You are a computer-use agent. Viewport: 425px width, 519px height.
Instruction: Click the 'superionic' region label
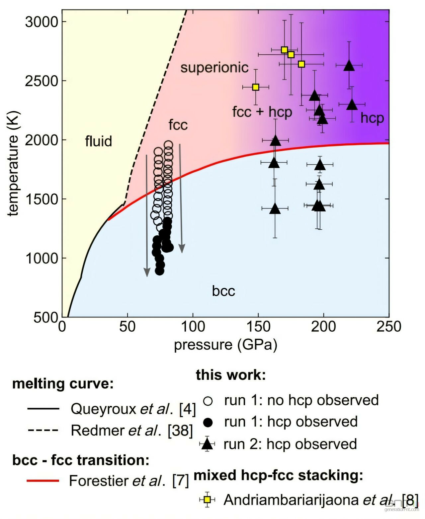coord(214,68)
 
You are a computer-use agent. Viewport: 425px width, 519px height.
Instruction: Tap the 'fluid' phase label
coord(98,141)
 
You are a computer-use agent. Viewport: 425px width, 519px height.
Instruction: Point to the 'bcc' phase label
coord(223,291)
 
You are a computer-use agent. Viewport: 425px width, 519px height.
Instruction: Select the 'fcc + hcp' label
coord(262,112)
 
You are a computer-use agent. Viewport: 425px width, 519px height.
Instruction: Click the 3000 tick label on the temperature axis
coord(42,22)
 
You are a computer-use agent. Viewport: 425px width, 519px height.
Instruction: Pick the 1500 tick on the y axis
coord(42,199)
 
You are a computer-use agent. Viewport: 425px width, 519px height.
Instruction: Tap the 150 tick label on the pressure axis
coord(258,326)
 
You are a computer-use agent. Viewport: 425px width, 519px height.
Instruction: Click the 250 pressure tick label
coord(389,326)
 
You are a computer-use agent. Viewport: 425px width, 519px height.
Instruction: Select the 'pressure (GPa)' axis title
coord(225,345)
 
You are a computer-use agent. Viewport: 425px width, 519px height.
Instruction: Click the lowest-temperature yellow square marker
coord(256,87)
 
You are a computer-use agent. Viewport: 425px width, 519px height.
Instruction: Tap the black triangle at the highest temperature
coord(349,66)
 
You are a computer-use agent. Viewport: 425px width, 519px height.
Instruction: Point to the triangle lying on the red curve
coord(275,141)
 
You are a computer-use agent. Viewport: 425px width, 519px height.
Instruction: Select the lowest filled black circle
coord(159,271)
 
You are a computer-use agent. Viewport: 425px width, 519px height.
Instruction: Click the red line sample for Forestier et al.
coord(43,481)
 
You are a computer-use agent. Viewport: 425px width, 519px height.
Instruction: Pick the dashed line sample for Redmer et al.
coord(43,431)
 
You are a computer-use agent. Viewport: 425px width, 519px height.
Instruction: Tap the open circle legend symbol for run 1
coord(208,401)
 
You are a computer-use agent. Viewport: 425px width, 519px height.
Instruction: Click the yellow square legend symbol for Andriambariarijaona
coord(207,499)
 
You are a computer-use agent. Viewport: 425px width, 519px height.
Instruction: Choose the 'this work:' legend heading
coord(231,375)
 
